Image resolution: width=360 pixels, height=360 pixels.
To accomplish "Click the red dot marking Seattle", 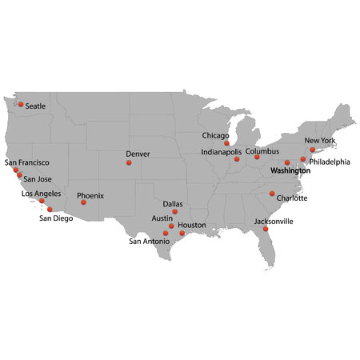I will coord(21,105).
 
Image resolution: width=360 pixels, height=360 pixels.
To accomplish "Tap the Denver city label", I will coord(138,153).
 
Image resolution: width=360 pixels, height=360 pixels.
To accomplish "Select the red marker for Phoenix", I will coord(83,202).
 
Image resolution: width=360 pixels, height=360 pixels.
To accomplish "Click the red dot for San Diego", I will coord(50,209).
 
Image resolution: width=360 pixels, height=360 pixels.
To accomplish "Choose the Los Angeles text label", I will coord(41,194).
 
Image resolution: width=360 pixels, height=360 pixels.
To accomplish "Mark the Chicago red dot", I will coord(226,143).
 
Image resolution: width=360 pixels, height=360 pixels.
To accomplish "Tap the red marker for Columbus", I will coord(257,157).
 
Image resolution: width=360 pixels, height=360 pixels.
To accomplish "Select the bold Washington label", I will coord(290,171).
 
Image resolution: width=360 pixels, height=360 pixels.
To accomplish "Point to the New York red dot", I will coord(312,150).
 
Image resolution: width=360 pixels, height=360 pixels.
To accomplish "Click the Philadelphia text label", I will coord(330,162).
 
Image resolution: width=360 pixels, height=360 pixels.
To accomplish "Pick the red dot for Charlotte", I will coord(272,194).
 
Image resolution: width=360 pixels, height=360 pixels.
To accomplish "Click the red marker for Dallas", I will coord(175,212).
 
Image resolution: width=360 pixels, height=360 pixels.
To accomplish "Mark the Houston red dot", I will coord(182,233).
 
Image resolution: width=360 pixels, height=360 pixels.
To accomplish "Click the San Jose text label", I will coord(38,179).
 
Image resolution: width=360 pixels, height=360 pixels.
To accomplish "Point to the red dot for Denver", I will coord(128,162).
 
